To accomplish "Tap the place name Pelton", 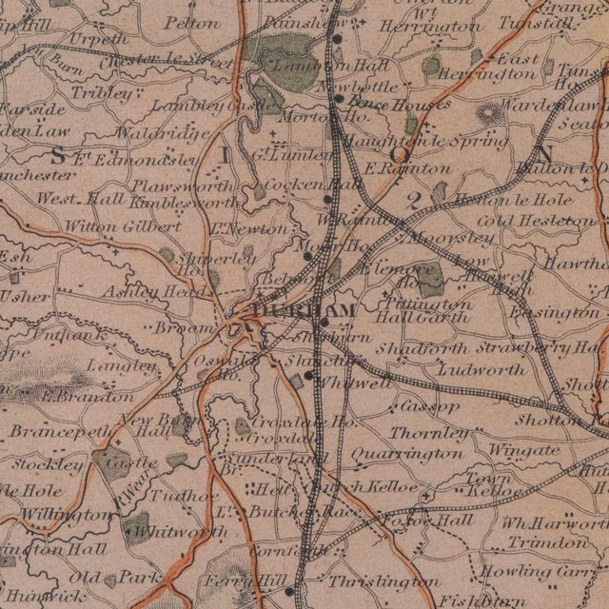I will (x=187, y=20).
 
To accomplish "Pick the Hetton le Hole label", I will (x=515, y=201).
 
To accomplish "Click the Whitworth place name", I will (x=168, y=531).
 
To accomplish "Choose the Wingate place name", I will (x=523, y=449).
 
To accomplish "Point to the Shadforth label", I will (x=422, y=349).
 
